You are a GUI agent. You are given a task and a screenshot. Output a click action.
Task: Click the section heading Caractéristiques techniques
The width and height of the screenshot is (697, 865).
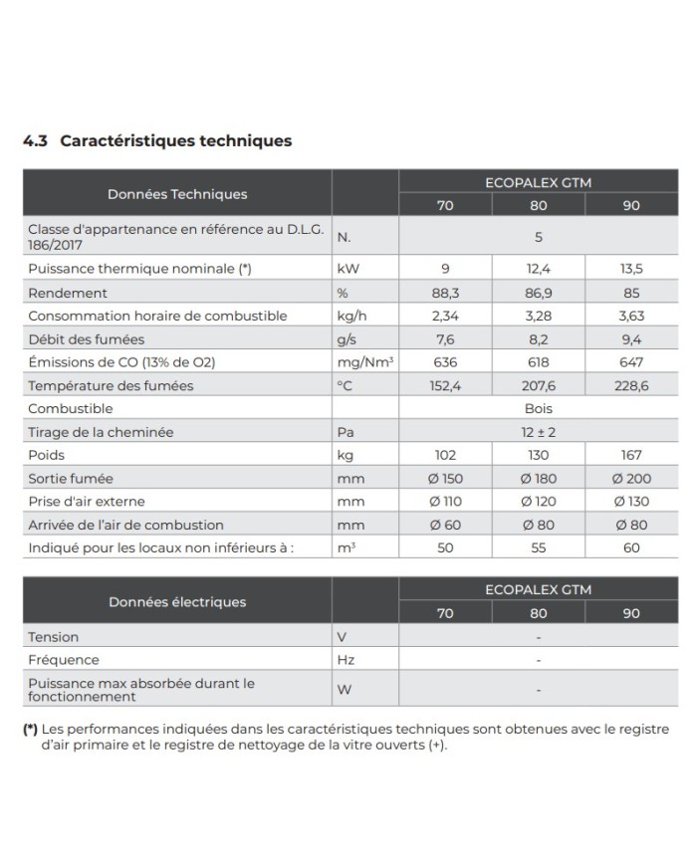pos(175,140)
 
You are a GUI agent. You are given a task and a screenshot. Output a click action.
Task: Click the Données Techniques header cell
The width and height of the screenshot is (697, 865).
pos(177,194)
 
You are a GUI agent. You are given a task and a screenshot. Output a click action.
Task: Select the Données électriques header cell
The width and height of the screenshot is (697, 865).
pos(177,601)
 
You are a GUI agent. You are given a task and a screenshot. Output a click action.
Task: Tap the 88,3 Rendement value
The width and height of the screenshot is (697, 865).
pos(445,293)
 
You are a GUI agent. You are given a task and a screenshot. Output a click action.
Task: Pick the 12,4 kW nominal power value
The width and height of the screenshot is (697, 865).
pos(538,270)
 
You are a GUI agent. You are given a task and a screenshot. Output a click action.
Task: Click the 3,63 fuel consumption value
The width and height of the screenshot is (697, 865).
pos(630,316)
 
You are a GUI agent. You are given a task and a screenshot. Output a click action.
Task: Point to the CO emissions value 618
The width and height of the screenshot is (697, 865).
pos(538,362)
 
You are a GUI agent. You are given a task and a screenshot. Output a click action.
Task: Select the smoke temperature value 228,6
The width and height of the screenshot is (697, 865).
pos(630,385)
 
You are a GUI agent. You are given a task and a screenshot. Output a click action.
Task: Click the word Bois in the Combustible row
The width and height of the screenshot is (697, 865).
pos(538,408)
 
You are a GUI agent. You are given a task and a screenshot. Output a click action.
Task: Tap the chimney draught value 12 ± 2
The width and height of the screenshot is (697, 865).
pos(538,431)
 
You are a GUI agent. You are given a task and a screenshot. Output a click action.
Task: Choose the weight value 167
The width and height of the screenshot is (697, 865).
pos(630,455)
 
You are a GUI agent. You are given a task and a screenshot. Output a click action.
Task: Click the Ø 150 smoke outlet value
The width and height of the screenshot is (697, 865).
pos(445,479)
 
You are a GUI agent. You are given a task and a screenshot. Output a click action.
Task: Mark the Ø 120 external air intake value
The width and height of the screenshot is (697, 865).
pos(538,502)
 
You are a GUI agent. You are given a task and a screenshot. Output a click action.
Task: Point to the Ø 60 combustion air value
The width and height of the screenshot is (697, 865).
pos(445,525)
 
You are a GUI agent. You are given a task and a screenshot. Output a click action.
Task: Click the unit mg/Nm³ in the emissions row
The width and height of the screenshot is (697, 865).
pos(362,362)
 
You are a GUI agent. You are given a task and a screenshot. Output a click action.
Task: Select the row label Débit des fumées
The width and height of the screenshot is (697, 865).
pos(74,339)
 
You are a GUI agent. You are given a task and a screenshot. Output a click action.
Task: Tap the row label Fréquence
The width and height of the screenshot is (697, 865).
pos(64,659)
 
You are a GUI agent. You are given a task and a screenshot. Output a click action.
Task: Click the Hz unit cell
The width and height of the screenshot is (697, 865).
pos(346,659)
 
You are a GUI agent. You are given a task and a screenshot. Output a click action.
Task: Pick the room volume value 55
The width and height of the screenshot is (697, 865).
pos(538,547)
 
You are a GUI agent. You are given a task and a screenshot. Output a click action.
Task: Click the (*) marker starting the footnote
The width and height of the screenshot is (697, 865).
pos(31,730)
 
